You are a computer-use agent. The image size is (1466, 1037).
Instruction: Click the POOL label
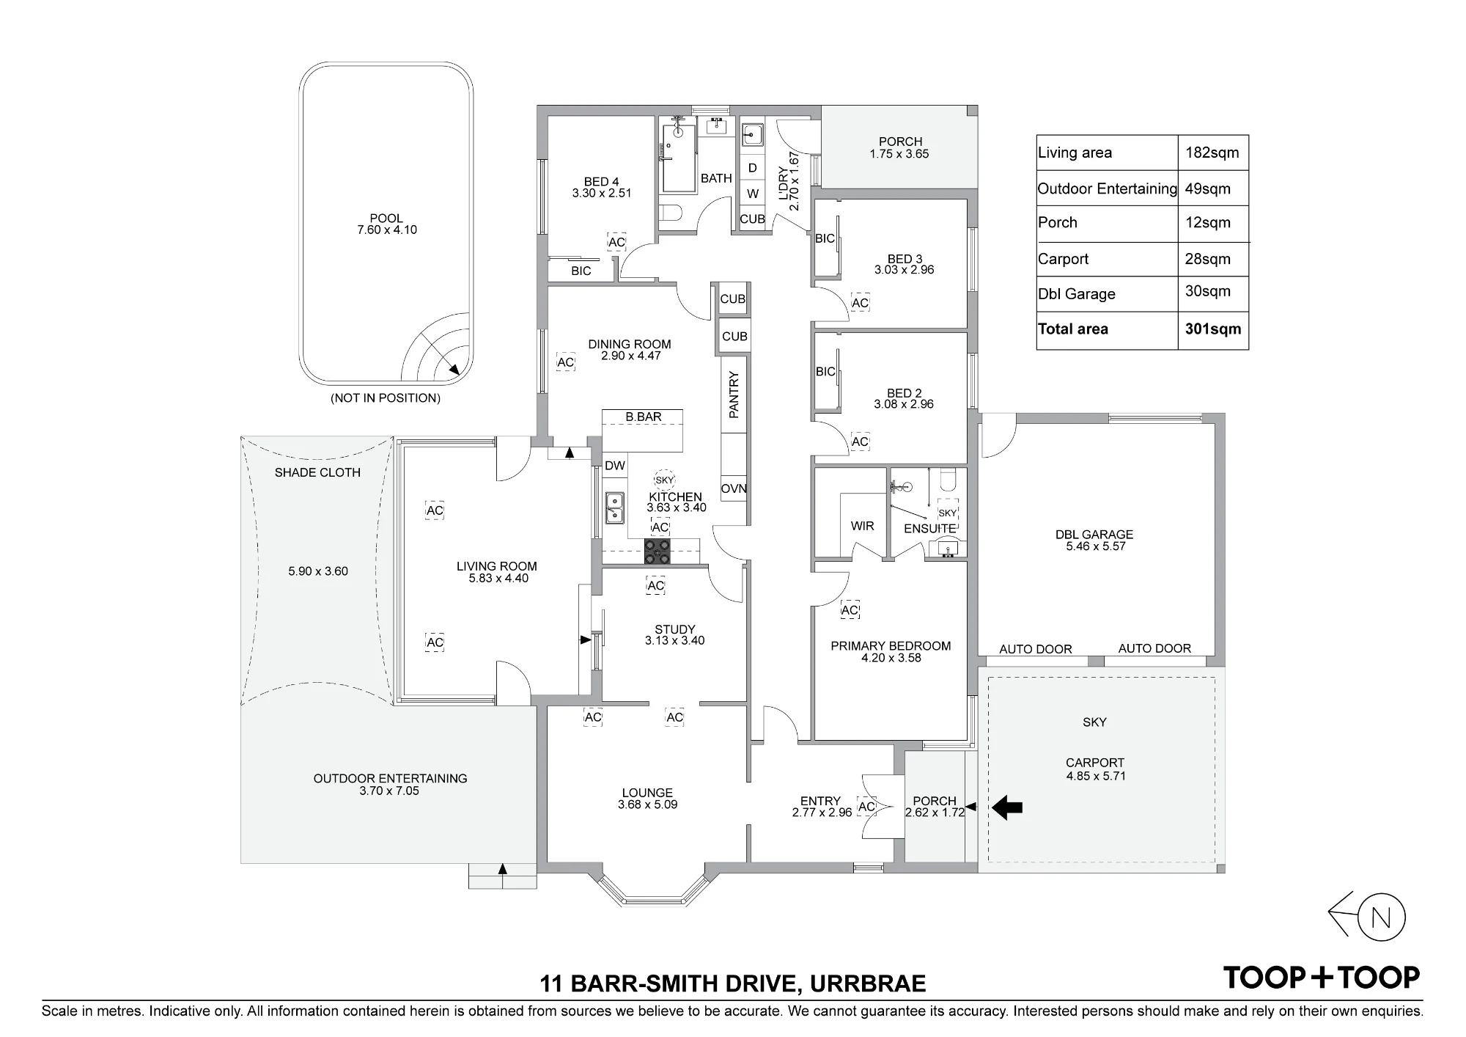point(386,218)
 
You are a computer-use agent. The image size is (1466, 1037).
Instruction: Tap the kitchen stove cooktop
point(657,552)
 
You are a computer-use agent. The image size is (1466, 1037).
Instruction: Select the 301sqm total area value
point(1213,329)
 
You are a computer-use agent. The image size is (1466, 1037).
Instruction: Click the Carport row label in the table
point(1063,259)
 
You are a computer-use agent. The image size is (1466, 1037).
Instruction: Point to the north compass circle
point(1382,917)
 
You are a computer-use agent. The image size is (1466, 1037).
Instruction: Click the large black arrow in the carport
point(1007,807)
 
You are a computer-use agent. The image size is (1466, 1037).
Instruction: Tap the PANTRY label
point(734,395)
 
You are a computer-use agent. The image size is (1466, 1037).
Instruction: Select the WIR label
point(863,526)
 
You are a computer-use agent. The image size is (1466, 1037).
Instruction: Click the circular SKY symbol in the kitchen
point(665,480)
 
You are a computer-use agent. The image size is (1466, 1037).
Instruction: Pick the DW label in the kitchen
point(615,466)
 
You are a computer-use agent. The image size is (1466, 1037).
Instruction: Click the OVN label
point(734,488)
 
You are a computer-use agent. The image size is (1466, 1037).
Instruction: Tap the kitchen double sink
point(615,507)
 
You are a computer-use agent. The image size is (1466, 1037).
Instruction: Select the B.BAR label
point(644,417)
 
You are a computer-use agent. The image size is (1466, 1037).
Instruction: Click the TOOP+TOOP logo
point(1322,978)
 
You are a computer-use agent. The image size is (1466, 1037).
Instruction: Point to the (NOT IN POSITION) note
point(386,398)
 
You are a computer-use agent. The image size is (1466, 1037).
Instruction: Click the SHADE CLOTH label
point(317,472)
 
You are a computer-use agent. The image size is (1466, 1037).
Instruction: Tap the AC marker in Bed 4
point(616,242)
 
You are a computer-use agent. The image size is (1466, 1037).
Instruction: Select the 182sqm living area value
point(1212,153)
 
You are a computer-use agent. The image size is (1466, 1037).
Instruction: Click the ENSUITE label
point(929,528)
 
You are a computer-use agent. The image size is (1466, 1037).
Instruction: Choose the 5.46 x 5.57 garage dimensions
point(1095,546)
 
